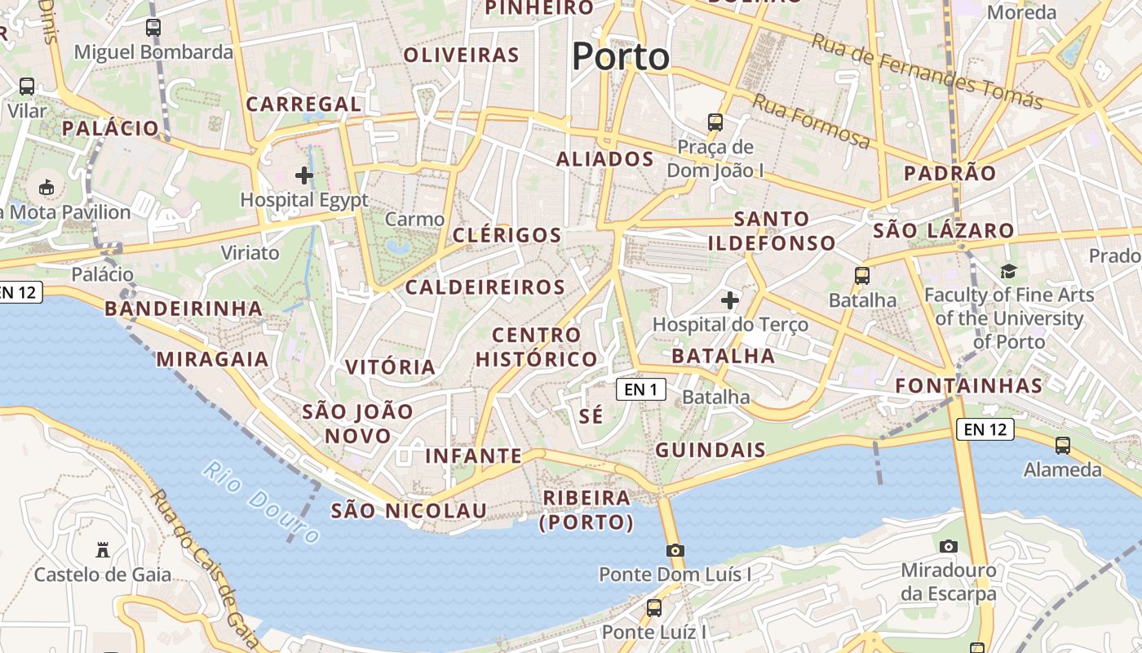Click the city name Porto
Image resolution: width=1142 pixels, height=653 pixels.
click(621, 57)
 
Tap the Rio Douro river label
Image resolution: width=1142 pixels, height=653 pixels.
click(261, 503)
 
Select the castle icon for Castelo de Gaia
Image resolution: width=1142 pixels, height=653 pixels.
click(103, 549)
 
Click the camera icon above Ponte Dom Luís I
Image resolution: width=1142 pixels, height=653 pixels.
click(675, 550)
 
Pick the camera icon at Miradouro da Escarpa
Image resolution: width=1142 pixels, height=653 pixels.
click(948, 546)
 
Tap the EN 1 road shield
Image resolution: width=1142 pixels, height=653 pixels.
click(640, 389)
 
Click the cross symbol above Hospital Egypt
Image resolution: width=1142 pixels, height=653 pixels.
click(304, 175)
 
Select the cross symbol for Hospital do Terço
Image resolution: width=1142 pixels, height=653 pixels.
click(730, 300)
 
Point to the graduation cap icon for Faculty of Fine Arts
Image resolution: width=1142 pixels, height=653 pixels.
click(1009, 271)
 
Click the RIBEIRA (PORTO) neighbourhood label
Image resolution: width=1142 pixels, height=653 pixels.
click(586, 509)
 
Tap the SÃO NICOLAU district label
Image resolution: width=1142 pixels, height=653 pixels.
click(409, 511)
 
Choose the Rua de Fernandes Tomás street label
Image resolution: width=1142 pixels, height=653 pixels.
click(928, 71)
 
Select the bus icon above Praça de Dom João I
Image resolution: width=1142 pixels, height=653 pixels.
click(715, 122)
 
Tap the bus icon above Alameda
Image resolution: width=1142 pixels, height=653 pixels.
click(1063, 446)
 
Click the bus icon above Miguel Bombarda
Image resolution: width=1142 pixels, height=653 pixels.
click(153, 27)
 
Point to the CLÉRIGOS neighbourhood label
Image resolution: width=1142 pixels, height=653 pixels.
click(507, 236)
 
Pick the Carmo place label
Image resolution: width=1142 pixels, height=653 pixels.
click(415, 219)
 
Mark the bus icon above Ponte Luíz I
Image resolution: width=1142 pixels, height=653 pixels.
click(654, 607)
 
